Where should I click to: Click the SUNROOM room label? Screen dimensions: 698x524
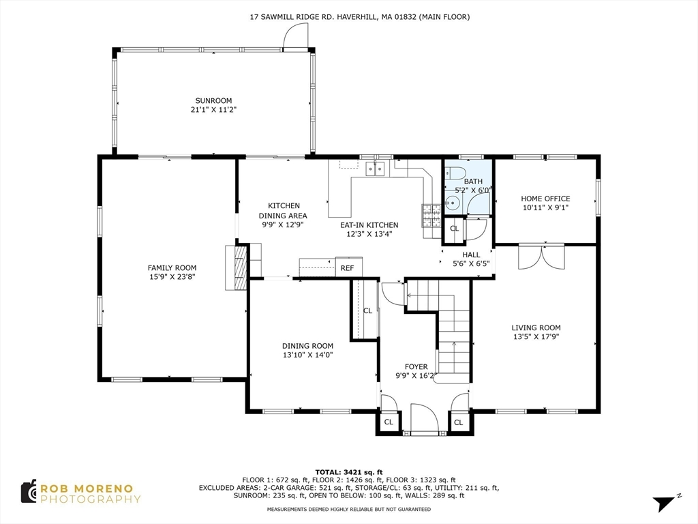[213, 101]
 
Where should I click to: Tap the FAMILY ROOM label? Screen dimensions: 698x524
[172, 267]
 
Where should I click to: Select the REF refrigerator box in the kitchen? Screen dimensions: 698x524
[348, 267]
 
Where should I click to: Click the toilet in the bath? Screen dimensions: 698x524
[457, 172]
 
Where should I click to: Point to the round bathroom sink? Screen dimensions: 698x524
[451, 203]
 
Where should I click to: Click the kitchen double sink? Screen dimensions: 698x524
[376, 169]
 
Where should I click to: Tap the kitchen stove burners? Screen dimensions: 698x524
[431, 216]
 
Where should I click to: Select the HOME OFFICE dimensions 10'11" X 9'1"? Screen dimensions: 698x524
[545, 207]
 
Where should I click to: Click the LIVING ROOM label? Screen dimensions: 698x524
[536, 327]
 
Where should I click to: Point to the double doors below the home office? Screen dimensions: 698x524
[541, 257]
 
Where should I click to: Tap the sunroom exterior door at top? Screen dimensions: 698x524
[295, 35]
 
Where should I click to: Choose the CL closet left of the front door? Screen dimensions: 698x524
[389, 422]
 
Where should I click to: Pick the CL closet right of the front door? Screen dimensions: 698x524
[459, 422]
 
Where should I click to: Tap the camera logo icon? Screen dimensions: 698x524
[29, 492]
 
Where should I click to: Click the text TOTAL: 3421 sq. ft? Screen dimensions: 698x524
[348, 472]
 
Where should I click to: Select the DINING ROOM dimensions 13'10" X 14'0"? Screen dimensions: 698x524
[307, 355]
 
